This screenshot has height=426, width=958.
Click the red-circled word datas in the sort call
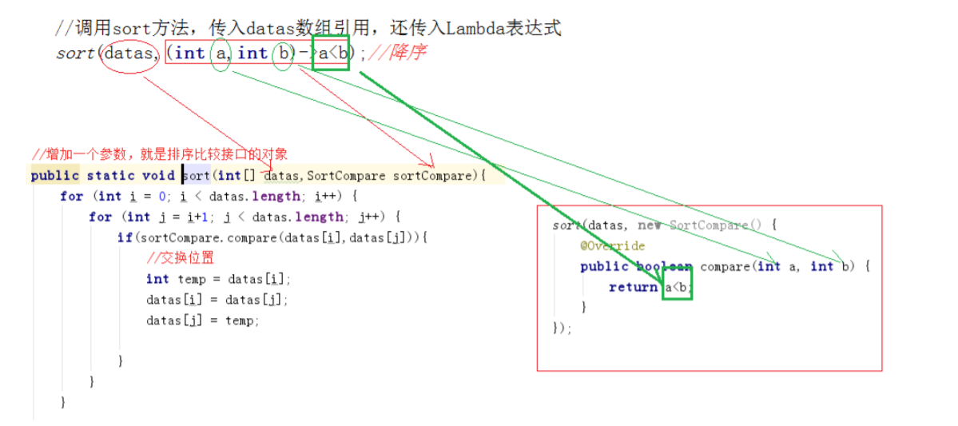127,54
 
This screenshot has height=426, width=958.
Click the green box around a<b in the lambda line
331,53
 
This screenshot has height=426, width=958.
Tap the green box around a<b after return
677,287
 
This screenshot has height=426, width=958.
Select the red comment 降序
407,54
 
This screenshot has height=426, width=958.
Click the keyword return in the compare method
633,287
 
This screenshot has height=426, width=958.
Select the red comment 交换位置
181,258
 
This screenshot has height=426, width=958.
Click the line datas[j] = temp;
203,320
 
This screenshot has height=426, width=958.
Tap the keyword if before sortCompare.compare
125,237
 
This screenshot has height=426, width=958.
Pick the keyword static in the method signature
111,175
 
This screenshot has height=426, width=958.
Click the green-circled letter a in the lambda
220,54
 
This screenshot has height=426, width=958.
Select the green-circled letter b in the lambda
282,54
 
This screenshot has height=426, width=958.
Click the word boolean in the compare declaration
664,266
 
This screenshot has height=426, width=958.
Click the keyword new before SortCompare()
649,225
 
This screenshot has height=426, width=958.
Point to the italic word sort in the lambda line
75,54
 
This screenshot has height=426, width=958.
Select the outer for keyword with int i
70,196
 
